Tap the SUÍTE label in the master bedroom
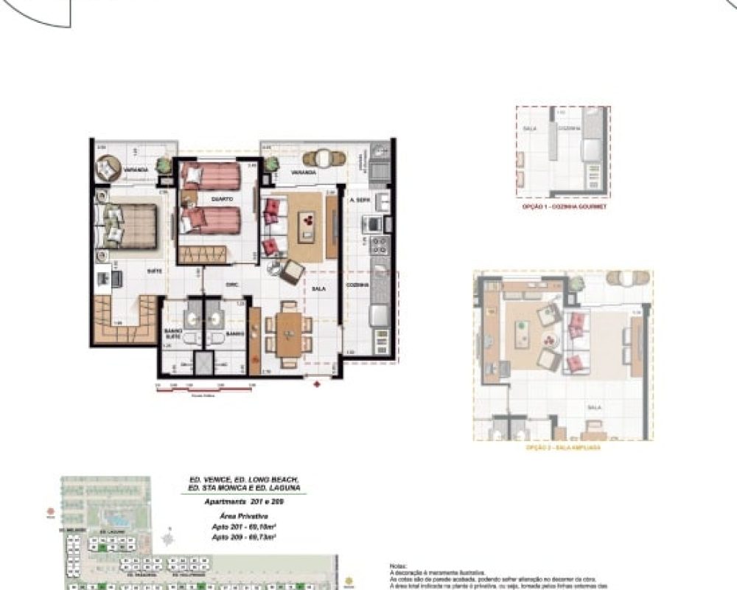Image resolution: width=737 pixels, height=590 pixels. [155, 271]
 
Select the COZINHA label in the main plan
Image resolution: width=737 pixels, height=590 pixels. [358, 284]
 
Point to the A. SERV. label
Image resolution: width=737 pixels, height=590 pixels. [359, 199]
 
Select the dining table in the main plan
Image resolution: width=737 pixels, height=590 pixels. [287, 333]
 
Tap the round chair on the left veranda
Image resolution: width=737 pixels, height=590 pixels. [107, 170]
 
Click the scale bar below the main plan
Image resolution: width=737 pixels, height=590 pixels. [203, 388]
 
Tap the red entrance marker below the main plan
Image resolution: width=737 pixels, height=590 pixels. [317, 384]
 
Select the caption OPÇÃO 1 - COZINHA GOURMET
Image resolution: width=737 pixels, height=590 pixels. [563, 208]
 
